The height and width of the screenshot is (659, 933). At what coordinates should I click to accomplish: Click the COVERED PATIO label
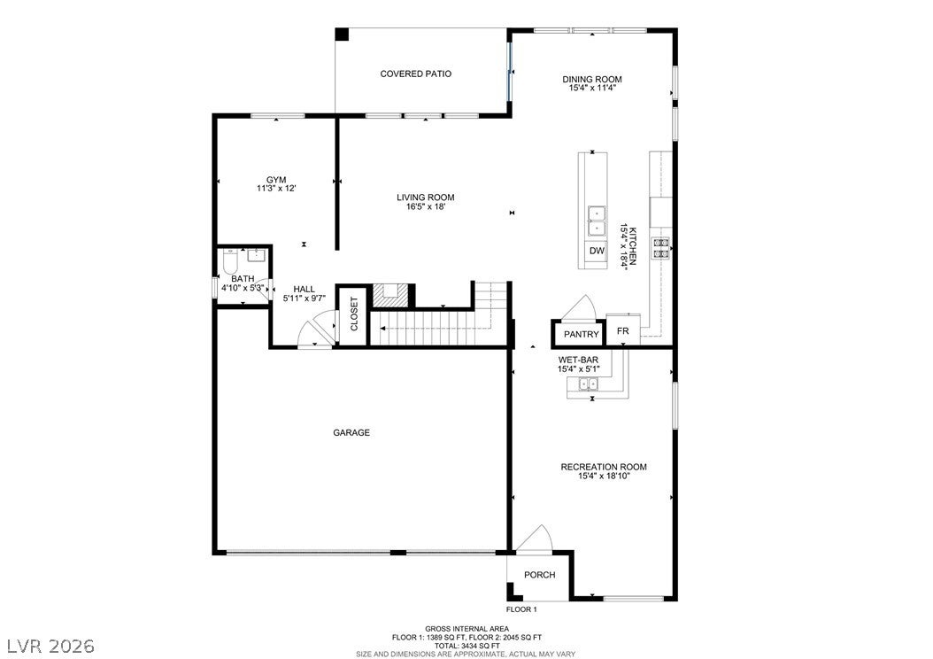(x=415, y=74)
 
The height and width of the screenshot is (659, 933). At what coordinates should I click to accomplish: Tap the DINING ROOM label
(x=592, y=79)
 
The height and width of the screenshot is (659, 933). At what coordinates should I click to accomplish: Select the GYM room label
(x=276, y=180)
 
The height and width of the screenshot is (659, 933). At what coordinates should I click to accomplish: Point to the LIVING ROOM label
(x=426, y=198)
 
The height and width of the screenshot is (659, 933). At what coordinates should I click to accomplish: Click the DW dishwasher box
(x=597, y=252)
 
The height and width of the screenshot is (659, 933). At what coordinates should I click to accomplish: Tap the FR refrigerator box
(x=623, y=330)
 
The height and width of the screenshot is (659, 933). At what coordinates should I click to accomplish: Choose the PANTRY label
(x=582, y=335)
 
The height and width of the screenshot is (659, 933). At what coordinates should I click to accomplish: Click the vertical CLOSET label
(x=354, y=314)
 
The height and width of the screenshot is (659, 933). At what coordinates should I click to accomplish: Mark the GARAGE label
(x=351, y=433)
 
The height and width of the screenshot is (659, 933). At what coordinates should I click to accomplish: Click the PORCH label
(x=540, y=575)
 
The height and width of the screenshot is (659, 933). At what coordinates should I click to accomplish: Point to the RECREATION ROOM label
(x=604, y=468)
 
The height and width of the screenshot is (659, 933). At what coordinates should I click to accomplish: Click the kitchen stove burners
(x=661, y=248)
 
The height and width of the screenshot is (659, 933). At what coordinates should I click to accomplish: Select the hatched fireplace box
(x=390, y=295)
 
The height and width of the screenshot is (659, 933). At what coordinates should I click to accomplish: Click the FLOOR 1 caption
(x=522, y=609)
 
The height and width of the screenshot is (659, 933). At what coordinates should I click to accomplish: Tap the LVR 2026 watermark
(x=50, y=646)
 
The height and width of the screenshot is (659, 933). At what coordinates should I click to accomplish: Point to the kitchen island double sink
(x=597, y=221)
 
